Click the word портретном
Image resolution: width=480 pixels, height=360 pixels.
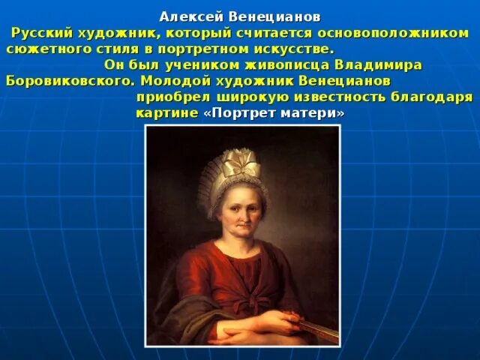232,49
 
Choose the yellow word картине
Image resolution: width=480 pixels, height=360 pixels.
166,113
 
